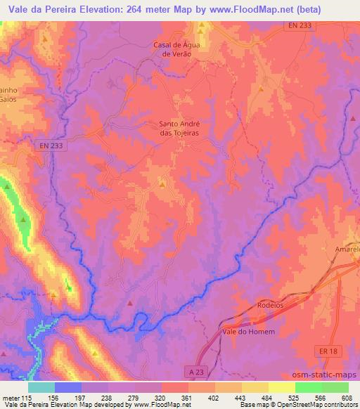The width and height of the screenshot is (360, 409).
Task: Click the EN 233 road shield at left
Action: click(48, 145)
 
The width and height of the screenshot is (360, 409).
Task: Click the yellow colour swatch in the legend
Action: click(281, 387)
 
